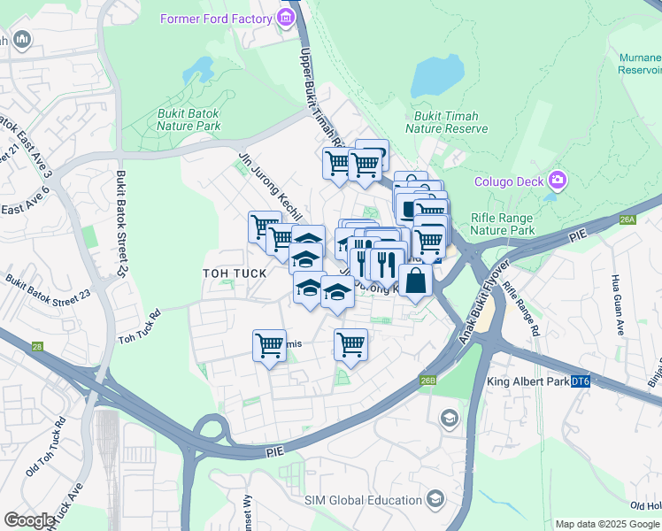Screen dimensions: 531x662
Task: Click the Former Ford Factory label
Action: coord(216,19)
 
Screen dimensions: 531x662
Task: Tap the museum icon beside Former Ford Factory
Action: coord(286,19)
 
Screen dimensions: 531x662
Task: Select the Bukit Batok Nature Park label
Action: coord(189,119)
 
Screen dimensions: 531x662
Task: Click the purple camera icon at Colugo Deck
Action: coord(558,181)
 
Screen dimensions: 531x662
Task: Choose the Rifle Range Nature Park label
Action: coord(503,224)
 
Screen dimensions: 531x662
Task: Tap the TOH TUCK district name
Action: coord(235,273)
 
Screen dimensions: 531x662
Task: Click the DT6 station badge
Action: coord(580,381)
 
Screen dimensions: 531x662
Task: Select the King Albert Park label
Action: coord(527,382)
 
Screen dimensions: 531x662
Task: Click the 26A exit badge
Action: coord(628,219)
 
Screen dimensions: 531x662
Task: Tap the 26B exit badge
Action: coord(428,381)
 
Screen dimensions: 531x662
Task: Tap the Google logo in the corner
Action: coord(29,520)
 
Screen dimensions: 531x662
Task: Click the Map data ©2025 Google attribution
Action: coord(608,524)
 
